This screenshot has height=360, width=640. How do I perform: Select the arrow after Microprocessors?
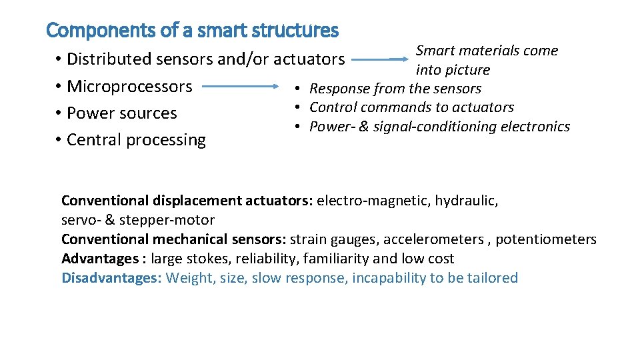pos(240,86)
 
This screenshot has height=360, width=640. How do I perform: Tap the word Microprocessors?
pos(130,87)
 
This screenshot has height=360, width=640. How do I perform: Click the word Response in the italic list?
pos(339,89)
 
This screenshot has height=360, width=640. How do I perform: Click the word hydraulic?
pos(466,201)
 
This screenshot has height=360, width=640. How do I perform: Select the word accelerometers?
pos(440,239)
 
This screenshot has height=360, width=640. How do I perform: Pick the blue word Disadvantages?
pos(111,278)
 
